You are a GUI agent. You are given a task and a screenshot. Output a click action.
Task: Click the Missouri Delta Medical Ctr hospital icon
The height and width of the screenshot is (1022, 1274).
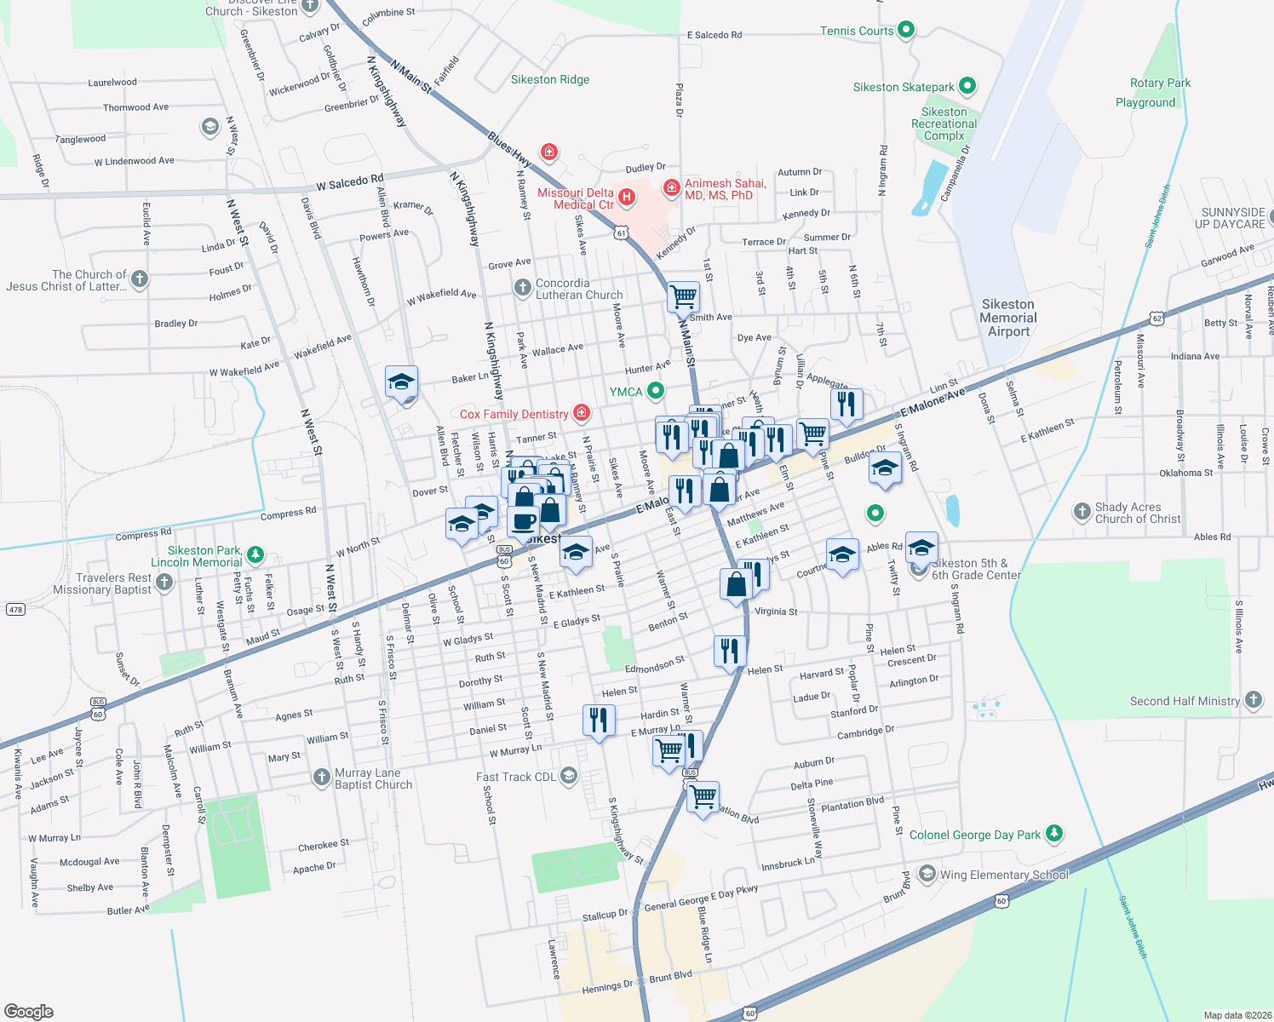tap(628, 198)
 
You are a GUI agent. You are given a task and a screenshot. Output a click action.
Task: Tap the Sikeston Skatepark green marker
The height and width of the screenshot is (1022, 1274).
tap(967, 86)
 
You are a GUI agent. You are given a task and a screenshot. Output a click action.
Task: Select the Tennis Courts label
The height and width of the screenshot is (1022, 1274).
tap(857, 31)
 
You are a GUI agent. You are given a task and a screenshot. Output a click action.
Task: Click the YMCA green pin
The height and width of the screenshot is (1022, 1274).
tap(655, 391)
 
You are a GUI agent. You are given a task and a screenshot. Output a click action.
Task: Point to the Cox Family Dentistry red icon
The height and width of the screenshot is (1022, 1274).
tap(582, 413)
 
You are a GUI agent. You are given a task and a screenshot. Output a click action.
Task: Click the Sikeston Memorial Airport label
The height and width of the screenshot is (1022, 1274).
tap(1008, 318)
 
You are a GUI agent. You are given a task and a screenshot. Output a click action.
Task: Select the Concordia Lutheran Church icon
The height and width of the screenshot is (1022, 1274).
tap(523, 288)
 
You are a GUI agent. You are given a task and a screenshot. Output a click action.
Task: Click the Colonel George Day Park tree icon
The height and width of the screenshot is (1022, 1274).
tap(1054, 833)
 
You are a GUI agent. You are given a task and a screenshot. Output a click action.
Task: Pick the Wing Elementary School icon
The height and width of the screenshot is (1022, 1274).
tap(927, 875)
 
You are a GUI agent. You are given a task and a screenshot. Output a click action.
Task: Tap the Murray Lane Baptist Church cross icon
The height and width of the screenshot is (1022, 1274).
tap(321, 777)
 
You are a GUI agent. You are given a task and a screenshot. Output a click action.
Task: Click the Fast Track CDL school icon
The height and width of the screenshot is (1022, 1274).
tap(569, 776)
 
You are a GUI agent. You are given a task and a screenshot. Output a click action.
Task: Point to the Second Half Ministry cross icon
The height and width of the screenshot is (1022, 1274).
tap(1253, 700)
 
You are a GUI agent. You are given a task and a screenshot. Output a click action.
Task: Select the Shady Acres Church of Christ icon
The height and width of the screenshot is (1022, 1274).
tap(1082, 511)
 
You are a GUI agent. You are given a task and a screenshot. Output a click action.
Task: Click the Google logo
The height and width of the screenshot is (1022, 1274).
tap(29, 1011)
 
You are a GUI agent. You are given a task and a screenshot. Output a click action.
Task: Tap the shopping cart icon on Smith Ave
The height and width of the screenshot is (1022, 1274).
tap(683, 296)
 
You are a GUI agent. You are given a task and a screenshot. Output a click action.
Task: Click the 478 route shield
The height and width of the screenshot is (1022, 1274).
tap(15, 610)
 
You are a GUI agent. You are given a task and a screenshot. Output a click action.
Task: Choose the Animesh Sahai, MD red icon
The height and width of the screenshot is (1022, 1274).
tap(671, 187)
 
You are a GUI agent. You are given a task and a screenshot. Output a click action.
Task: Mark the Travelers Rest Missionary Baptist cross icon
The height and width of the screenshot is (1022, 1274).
tap(164, 583)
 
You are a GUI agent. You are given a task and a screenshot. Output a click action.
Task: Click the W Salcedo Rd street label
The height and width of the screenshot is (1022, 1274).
tap(349, 183)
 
